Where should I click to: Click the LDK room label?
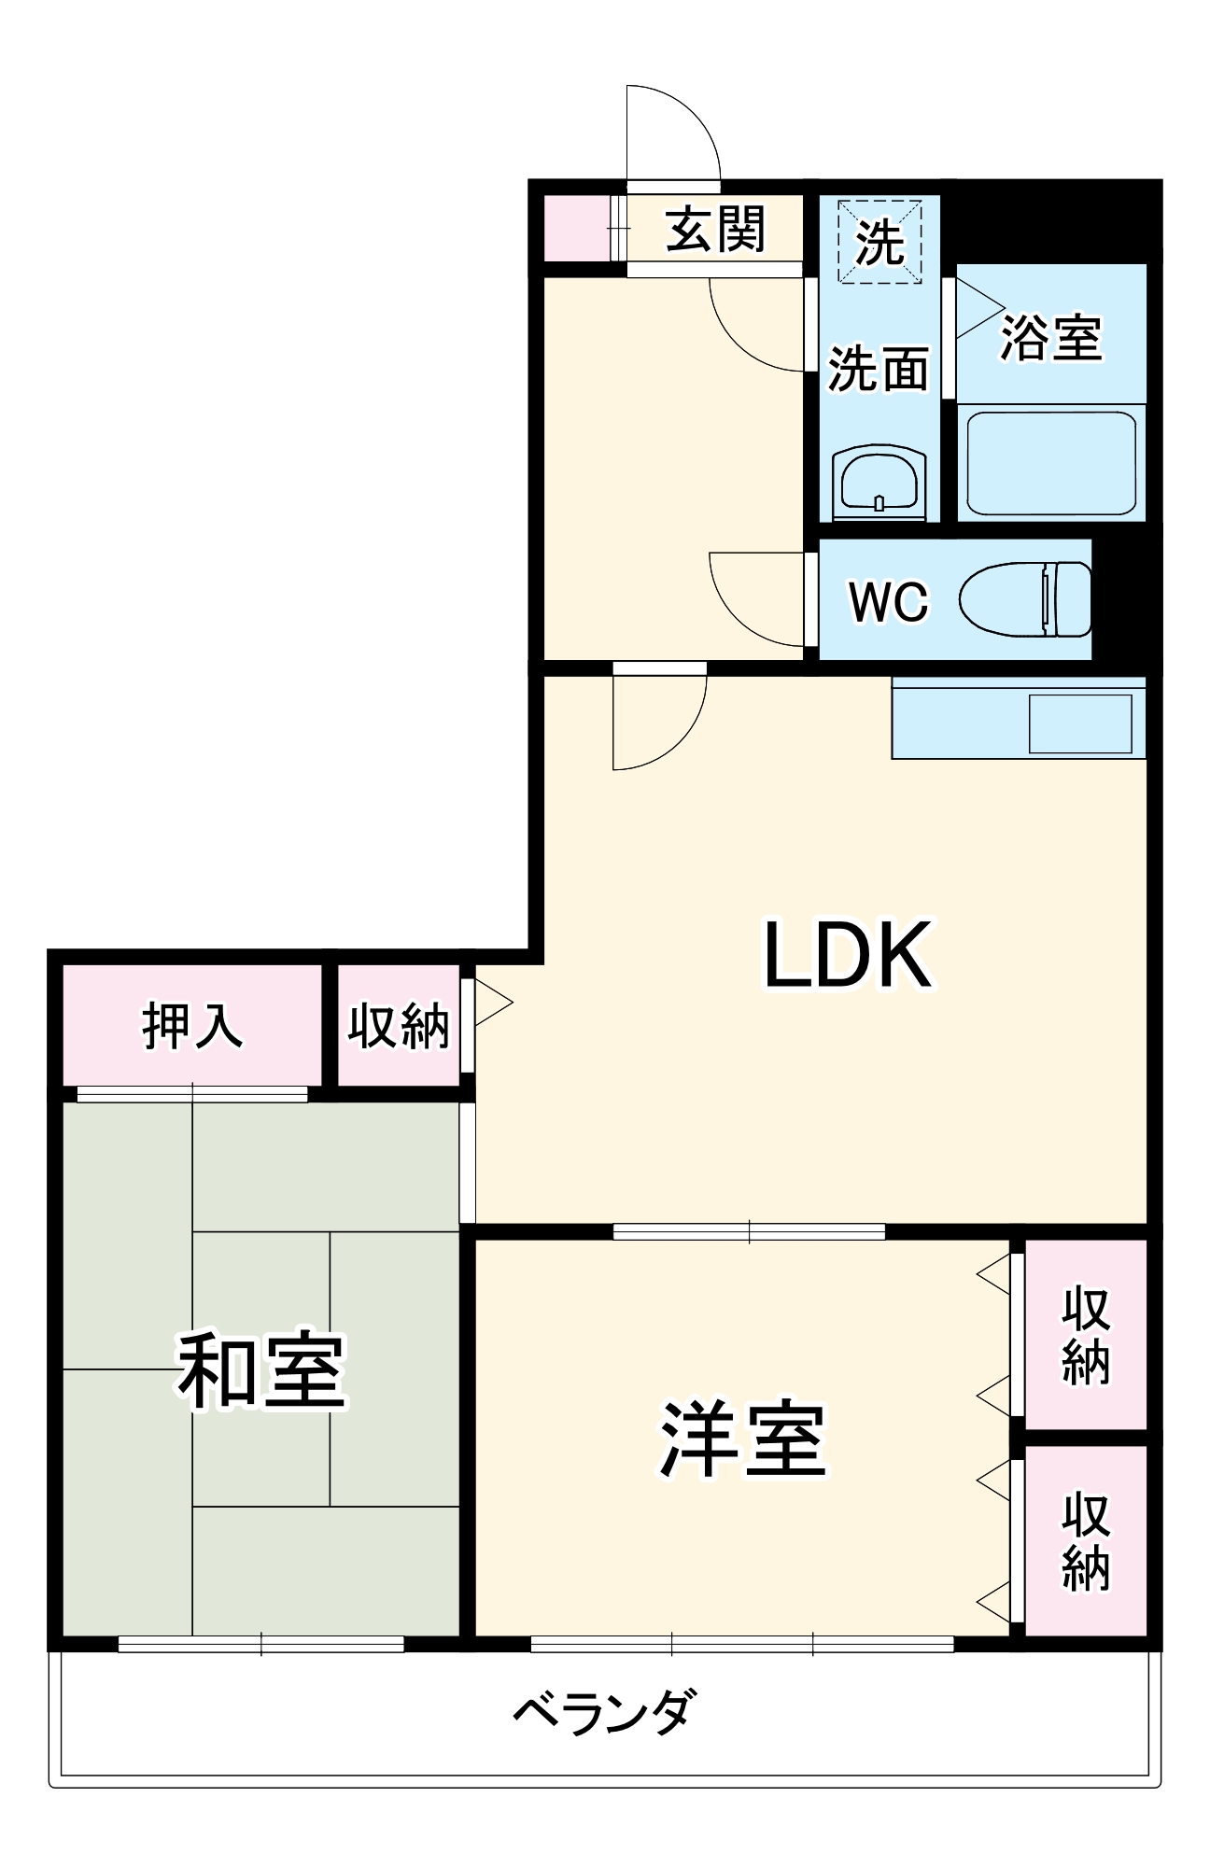pos(848,954)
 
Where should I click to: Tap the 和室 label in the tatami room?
pos(262,1369)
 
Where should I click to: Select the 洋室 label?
pos(743,1439)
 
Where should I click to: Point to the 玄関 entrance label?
pos(715,230)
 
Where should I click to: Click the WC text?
pos(888,601)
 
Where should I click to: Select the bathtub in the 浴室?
pos(1051,463)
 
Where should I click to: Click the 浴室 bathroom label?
pos(1051,337)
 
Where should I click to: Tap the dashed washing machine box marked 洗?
pos(879,242)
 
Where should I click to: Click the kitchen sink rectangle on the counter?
pos(1080,723)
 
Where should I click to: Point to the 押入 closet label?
pos(192,1025)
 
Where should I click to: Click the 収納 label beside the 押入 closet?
pos(399,1026)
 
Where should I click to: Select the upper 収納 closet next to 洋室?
pos(1085,1334)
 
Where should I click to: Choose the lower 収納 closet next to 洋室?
pos(1085,1541)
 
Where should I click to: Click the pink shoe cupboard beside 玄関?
pos(575,229)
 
